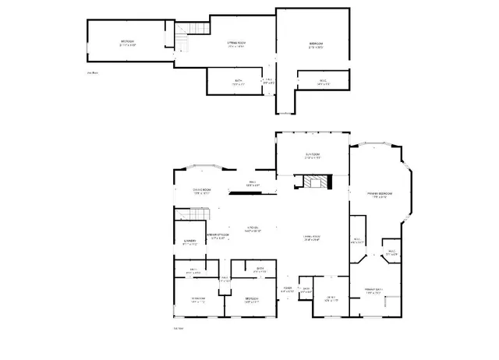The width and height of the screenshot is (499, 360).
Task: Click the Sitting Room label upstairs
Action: click(x=237, y=43)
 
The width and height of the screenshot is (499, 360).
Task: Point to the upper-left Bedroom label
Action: click(x=127, y=43)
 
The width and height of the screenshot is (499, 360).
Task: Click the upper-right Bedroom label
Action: click(x=316, y=44)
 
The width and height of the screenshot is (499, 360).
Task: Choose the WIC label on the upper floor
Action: click(x=322, y=81)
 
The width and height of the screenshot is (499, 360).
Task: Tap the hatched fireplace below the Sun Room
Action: click(x=317, y=183)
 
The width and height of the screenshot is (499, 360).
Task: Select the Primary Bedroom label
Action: click(x=380, y=195)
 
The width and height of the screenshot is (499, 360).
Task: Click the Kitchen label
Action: click(x=253, y=229)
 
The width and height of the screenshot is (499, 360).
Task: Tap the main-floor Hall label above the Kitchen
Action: click(x=252, y=183)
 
